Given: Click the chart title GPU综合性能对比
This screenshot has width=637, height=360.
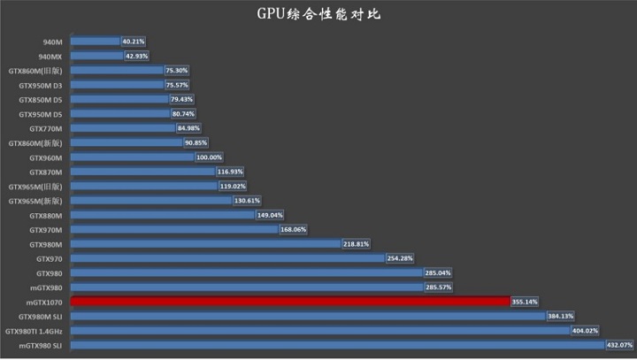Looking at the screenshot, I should point(318,14).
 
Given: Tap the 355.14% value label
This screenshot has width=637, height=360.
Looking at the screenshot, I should point(525,302).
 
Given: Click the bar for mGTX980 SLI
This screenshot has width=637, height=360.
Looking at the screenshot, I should point(337,345).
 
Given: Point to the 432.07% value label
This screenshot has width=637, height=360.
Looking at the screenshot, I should point(620,345).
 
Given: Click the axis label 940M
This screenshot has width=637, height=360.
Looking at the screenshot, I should point(52,42).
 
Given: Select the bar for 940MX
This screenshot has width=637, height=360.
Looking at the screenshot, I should point(96,56).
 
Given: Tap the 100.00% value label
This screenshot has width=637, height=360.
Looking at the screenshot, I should point(209,157).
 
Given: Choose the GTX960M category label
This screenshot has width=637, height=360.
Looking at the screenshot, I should point(46,157).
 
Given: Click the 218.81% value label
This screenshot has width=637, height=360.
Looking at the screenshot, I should point(356,244).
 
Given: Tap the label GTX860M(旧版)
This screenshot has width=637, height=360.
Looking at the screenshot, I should point(35,71).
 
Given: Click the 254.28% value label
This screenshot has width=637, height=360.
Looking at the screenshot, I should point(402,258).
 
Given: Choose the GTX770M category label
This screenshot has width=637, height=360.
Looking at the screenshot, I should point(46,128).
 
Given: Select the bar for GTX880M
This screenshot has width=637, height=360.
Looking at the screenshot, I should point(151,215).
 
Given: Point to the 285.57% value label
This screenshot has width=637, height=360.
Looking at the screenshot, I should point(440,287).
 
